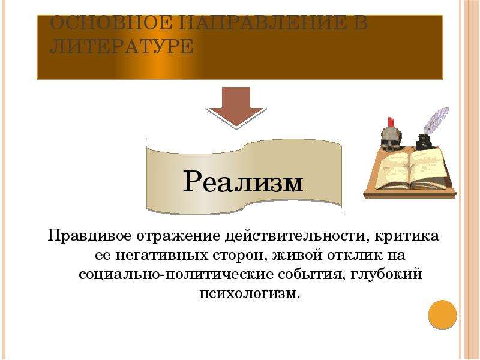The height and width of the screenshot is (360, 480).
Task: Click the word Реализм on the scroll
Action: point(243,182)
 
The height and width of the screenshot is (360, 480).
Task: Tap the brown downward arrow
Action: point(236,106)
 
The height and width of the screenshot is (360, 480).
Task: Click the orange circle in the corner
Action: point(442,315)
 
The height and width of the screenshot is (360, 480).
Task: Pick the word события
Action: point(311,275)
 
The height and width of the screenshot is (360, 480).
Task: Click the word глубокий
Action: point(386,274)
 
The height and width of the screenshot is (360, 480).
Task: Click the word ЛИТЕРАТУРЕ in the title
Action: point(121,47)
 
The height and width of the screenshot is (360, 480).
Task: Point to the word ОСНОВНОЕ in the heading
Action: point(110,23)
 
